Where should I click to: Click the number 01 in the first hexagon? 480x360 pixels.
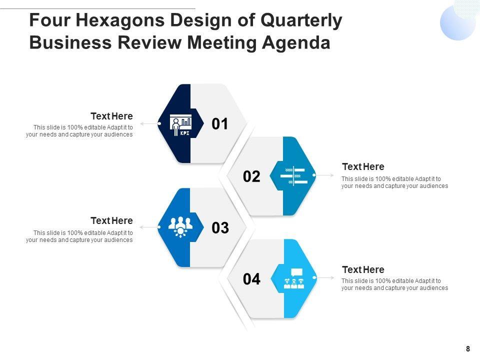[220, 123]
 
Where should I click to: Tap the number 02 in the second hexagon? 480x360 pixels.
[252, 176]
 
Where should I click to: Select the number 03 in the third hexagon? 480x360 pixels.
[220, 228]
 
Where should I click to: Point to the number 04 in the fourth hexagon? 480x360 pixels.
[252, 279]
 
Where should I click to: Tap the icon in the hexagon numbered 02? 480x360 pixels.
[293, 176]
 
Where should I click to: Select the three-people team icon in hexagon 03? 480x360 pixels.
[180, 226]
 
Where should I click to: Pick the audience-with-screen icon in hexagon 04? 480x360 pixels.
[293, 278]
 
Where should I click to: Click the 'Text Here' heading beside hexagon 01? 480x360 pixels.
[111, 116]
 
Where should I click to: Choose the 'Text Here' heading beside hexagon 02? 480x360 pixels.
[363, 167]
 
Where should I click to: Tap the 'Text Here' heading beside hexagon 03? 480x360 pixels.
[111, 220]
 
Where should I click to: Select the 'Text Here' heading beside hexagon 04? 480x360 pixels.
[363, 269]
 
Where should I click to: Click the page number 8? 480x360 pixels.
[467, 349]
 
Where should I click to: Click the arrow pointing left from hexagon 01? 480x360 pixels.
[148, 123]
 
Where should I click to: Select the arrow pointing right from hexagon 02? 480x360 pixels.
[325, 175]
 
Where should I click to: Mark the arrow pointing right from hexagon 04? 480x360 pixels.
[325, 277]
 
